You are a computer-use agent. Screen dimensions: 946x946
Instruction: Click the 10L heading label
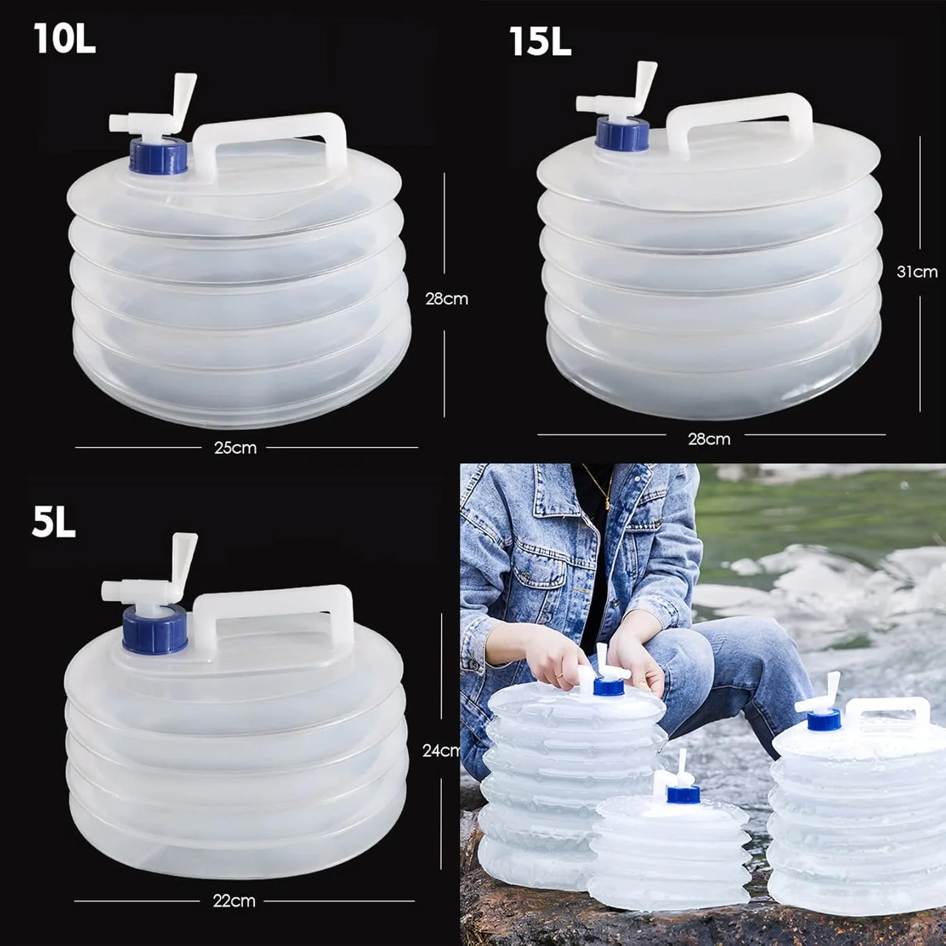pos(64,38)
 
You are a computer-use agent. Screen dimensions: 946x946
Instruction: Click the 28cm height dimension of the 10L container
pos(447,299)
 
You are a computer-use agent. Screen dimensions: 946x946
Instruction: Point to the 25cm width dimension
pos(235,448)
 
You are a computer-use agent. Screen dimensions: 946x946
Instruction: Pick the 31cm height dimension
pos(917,272)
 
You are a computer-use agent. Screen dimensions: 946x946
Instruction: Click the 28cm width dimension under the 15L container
pos(709,439)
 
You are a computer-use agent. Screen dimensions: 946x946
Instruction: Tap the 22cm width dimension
pos(234,901)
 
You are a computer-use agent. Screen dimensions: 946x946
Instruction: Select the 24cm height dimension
pos(441,750)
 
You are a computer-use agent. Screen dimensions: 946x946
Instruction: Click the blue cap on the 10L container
pos(158,156)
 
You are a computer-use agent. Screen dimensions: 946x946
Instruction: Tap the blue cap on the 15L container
pos(622,134)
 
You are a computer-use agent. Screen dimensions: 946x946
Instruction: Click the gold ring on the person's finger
pos(559,676)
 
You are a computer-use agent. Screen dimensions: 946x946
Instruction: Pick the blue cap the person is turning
pos(608,686)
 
